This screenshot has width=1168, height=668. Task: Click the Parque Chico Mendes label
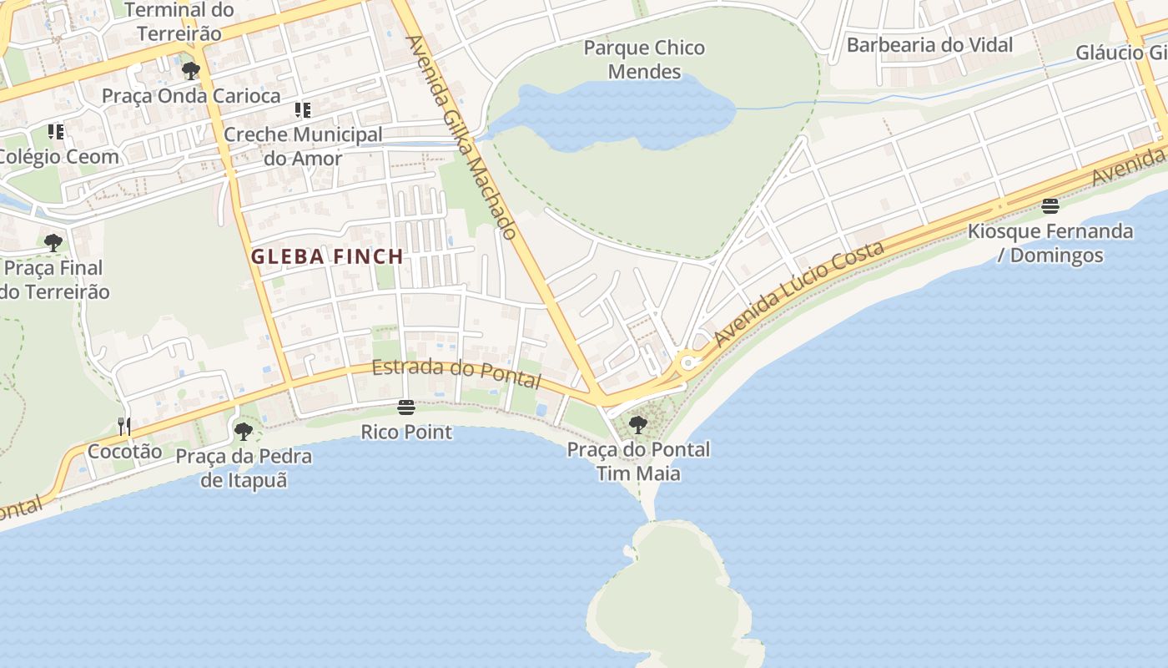(644, 59)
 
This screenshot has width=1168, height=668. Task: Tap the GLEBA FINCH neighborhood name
(327, 256)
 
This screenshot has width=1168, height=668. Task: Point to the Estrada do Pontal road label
(456, 373)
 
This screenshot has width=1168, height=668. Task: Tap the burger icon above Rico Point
(406, 407)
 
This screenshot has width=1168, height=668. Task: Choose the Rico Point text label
(406, 432)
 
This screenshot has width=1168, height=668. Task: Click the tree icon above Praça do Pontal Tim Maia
(638, 425)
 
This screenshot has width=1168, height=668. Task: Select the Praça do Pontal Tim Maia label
(638, 461)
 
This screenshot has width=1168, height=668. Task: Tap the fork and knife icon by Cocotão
(124, 427)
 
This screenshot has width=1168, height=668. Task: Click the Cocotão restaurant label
(125, 451)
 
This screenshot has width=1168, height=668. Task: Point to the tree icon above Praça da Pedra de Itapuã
(244, 432)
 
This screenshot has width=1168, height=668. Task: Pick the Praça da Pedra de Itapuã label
(244, 468)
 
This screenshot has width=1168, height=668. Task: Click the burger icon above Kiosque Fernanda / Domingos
(1050, 206)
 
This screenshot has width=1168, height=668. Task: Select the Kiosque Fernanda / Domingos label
(1050, 243)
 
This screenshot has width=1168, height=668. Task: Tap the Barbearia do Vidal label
(929, 44)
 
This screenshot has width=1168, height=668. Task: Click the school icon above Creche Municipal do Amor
(303, 109)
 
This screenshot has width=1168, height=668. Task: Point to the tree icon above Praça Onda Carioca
(191, 71)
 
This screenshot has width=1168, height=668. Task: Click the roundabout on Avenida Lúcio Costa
(688, 363)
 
